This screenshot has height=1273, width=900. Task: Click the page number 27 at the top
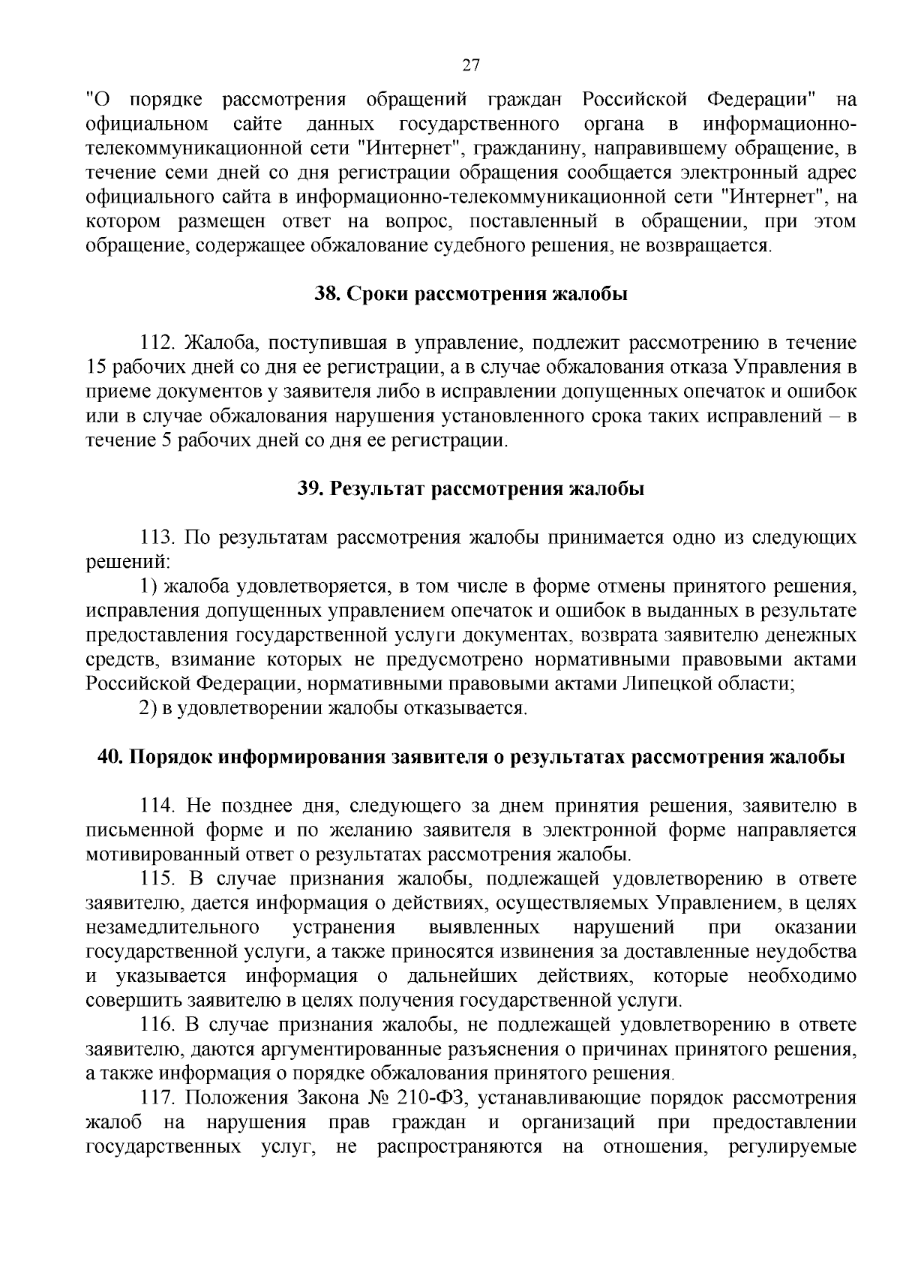click(x=470, y=65)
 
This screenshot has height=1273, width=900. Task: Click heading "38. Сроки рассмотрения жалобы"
click(x=470, y=295)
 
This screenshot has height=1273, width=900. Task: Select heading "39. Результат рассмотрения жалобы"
click(x=471, y=489)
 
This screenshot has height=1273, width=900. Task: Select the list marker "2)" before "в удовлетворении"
click(x=148, y=708)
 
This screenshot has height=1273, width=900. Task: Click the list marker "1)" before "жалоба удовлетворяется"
click(x=148, y=587)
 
